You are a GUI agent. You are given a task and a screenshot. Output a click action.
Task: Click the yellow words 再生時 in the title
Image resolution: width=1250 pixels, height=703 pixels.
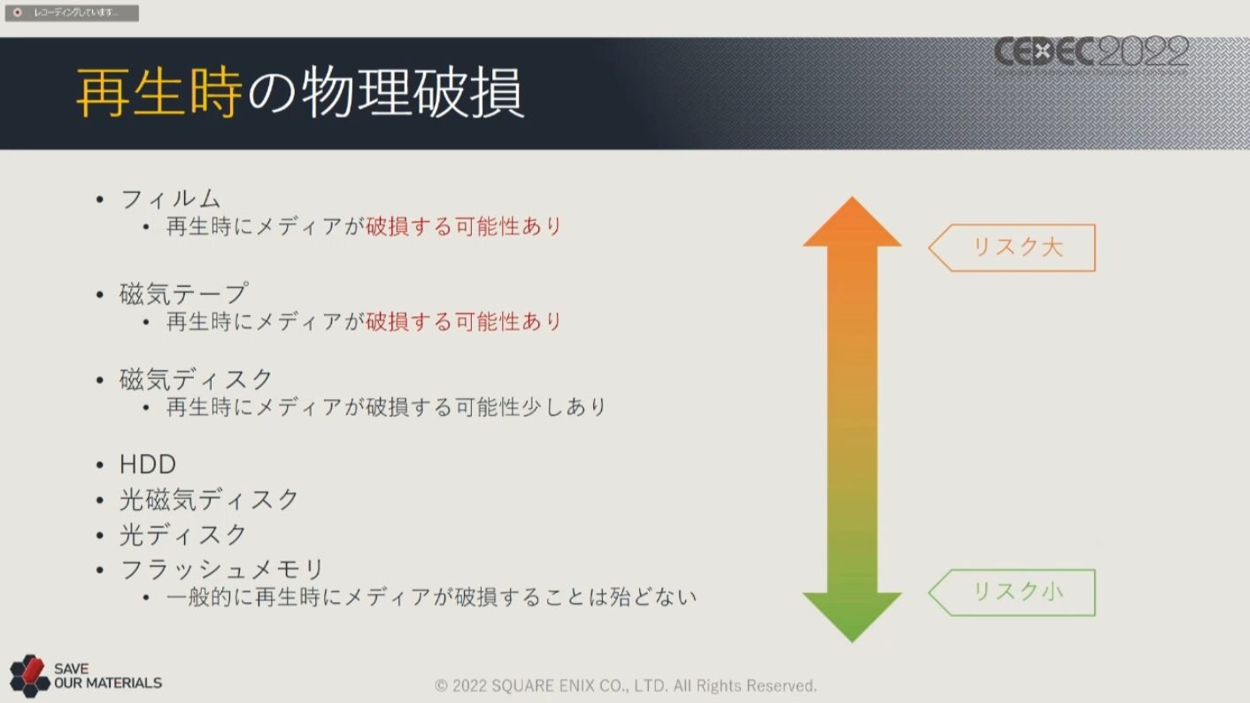pos(159,92)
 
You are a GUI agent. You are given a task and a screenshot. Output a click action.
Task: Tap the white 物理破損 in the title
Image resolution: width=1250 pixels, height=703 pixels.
pos(413,92)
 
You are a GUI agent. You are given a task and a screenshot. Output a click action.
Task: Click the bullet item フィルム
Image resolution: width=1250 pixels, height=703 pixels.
pos(170,199)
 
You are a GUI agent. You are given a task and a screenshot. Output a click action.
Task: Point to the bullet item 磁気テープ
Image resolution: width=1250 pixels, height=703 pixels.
pos(183,294)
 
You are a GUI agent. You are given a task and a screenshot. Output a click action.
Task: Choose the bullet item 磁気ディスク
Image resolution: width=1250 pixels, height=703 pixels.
pos(196,380)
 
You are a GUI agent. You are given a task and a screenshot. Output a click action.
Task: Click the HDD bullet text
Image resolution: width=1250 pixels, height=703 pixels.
pos(148,464)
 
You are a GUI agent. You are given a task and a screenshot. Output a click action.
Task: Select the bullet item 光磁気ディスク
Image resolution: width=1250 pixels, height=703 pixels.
pos(209,499)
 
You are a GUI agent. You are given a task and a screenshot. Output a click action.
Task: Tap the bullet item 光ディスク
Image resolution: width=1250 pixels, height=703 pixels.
pos(183,535)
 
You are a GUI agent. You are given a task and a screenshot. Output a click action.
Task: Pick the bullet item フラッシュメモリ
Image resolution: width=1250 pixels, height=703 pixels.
pos(222,569)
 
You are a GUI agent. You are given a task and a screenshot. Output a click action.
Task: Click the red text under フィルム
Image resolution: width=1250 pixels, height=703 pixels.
pos(463,227)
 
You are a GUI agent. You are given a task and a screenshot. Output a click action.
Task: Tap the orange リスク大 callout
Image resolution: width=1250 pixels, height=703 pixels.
pos(1012,248)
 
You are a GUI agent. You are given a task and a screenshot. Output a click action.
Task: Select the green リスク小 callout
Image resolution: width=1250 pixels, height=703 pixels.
pos(1012,592)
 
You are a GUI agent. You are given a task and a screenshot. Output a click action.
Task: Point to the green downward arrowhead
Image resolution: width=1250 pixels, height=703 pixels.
pos(853,614)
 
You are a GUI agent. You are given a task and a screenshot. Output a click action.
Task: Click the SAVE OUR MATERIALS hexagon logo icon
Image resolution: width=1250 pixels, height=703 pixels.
pos(30,676)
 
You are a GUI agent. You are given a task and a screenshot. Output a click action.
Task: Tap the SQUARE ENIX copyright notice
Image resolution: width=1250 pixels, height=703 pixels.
pos(626,685)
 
